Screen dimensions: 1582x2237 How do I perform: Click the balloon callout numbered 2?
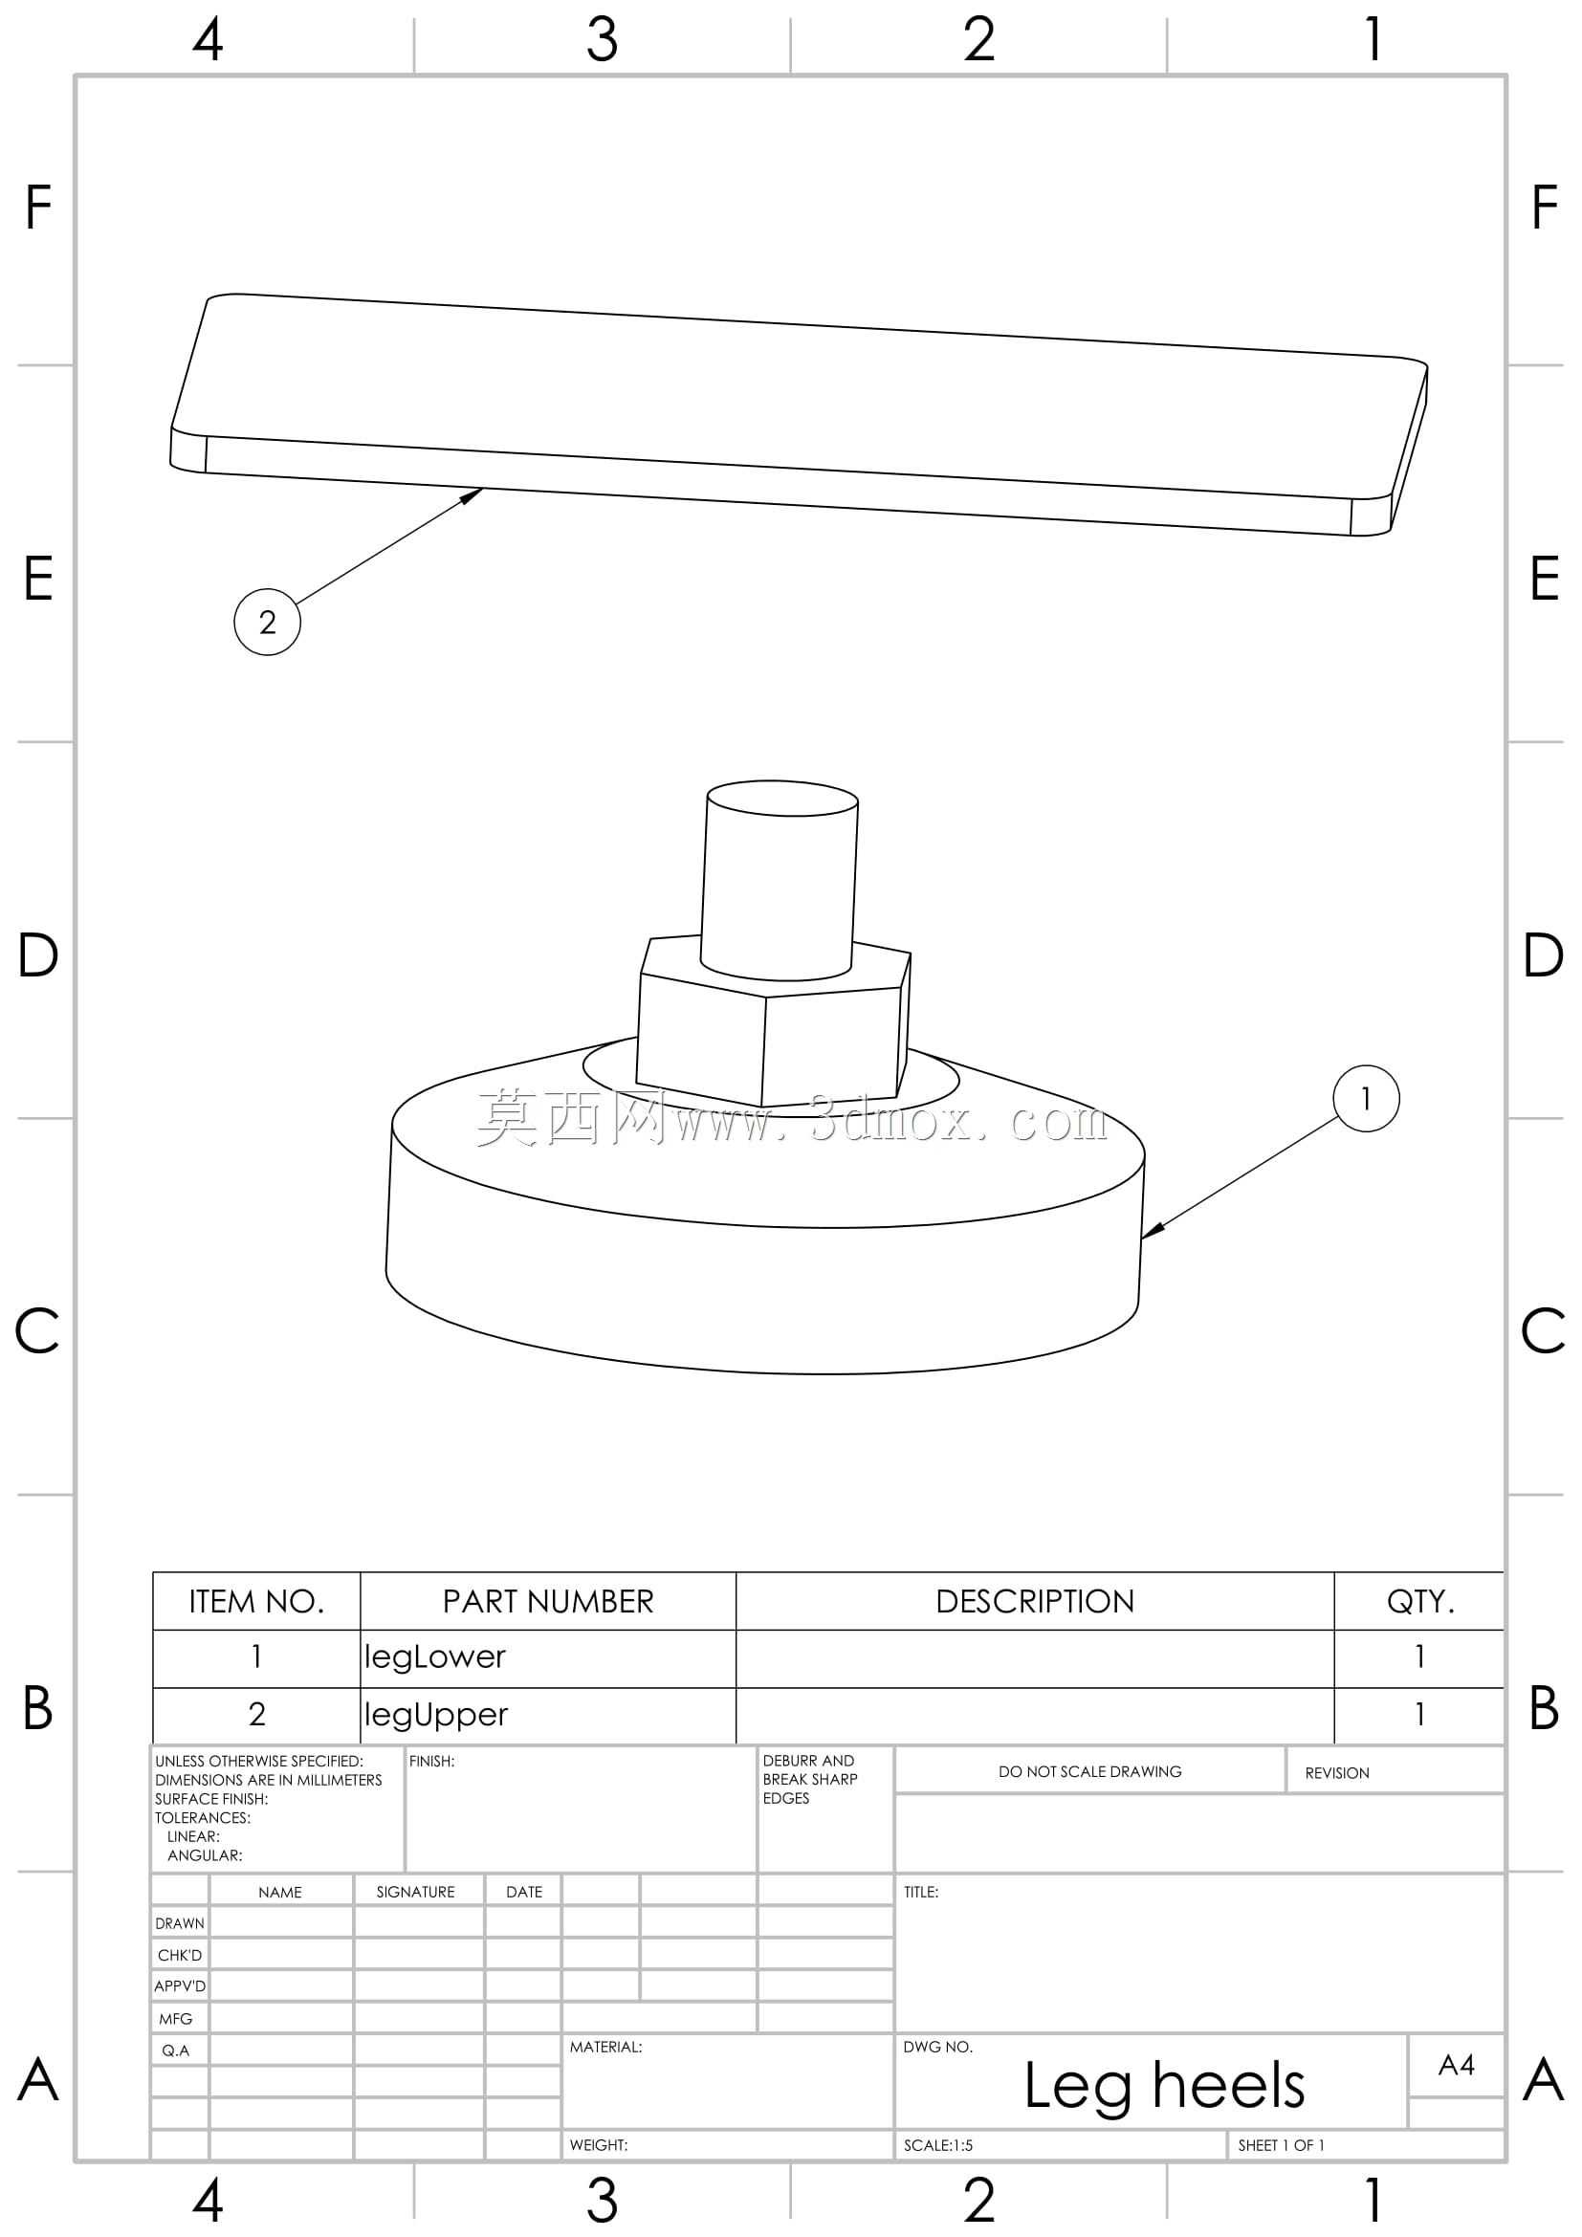pos(267,622)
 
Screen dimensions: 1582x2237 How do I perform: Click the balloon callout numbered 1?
pos(1366,1098)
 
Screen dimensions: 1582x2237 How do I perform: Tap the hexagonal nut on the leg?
pos(773,1023)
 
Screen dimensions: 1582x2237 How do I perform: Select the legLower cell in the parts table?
pos(434,1656)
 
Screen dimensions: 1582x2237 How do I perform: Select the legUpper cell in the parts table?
pos(435,1714)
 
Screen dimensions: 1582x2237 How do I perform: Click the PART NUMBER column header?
pos(547,1602)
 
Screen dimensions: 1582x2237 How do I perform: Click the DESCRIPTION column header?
pos(1035,1602)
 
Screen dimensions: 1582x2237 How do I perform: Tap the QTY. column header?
pos(1420,1602)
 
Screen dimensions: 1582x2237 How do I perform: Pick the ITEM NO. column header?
pos(256,1602)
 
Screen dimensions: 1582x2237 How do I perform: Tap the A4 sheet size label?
pos(1457,2065)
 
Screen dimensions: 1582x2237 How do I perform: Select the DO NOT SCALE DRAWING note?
pos(1089,1771)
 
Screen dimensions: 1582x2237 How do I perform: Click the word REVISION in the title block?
pos(1336,1773)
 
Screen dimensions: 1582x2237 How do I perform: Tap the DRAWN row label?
pos(179,1923)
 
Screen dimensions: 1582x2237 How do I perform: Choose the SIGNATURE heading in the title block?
pos(415,1892)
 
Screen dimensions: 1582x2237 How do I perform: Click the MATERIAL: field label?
pos(605,2047)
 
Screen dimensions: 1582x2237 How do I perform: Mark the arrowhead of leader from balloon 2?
pos(472,493)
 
